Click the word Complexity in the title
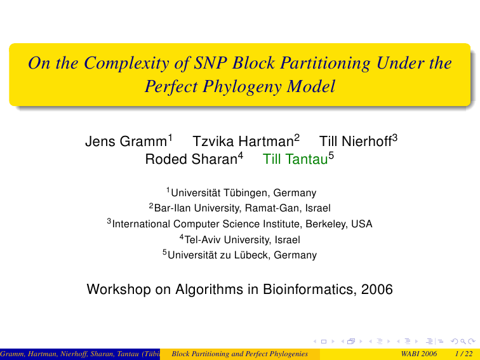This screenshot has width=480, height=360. click(x=126, y=63)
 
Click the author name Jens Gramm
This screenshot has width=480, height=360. click(x=126, y=142)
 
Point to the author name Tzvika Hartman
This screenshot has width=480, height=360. click(x=243, y=142)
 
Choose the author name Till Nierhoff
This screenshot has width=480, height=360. click(x=356, y=142)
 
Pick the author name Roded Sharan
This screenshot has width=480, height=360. click(x=191, y=159)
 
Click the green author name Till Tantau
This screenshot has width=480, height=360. click(x=295, y=159)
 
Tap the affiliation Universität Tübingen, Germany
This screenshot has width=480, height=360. click(x=243, y=193)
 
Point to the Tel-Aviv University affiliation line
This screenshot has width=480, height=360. click(x=242, y=240)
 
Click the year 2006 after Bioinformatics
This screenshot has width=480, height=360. click(x=377, y=290)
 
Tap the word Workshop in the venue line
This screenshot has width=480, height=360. click(x=119, y=290)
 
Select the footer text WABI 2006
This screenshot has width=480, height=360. click(x=419, y=354)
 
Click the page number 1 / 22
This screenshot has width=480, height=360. click(x=463, y=354)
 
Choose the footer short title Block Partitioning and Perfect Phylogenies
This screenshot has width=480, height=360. click(x=240, y=354)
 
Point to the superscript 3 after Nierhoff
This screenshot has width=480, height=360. click(x=394, y=138)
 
